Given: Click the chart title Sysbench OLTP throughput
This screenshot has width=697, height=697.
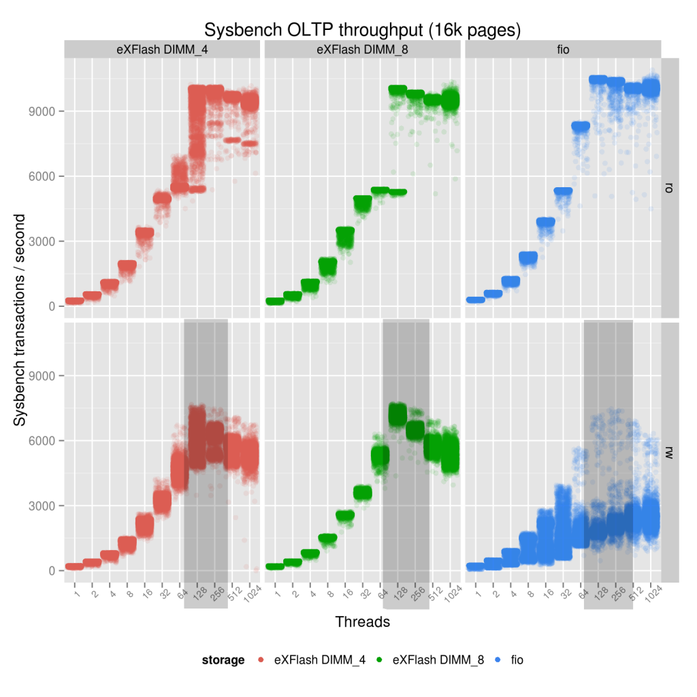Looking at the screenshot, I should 363,30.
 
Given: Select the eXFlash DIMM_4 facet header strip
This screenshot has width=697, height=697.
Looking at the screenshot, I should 163,49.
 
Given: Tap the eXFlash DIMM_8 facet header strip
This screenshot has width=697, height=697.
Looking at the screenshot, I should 362,49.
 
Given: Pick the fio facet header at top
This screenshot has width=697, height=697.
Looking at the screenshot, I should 562,49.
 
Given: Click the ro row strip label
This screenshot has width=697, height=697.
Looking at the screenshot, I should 670,187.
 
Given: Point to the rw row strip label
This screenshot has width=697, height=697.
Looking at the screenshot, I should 670,452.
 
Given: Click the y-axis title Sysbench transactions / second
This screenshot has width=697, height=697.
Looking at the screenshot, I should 20,320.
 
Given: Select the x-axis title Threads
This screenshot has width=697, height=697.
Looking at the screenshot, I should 362,621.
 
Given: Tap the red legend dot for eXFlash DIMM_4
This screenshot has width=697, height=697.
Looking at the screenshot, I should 261,660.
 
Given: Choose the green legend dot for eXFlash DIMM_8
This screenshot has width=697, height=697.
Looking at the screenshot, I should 380,660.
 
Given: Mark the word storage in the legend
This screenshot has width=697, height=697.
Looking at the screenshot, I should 223,660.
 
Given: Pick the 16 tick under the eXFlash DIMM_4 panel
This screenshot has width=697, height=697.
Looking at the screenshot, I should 146,595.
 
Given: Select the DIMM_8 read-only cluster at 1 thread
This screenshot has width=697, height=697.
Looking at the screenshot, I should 275,301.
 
